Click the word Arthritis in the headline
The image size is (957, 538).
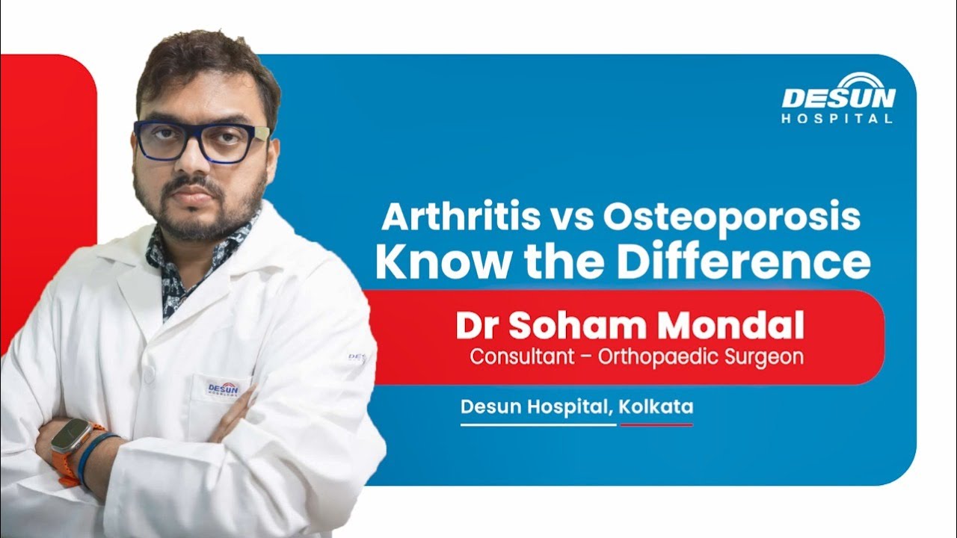pyautogui.click(x=461, y=217)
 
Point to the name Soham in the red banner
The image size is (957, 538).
pyautogui.click(x=578, y=326)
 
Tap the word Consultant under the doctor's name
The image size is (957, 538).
pyautogui.click(x=522, y=357)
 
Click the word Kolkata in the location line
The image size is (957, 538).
pyautogui.click(x=656, y=406)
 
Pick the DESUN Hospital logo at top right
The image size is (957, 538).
pyautogui.click(x=838, y=98)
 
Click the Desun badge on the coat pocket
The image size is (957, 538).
pyautogui.click(x=224, y=389)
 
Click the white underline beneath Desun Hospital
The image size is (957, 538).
pyautogui.click(x=538, y=425)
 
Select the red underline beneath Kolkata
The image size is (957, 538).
pyautogui.click(x=656, y=425)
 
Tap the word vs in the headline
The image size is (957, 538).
pyautogui.click(x=572, y=220)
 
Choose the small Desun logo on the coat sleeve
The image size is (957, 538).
pyautogui.click(x=357, y=357)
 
